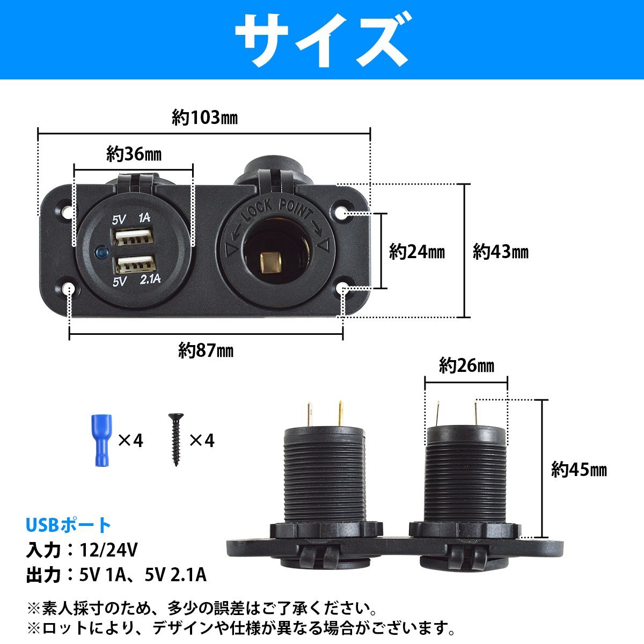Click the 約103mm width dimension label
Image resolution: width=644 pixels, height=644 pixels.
pos(204,118)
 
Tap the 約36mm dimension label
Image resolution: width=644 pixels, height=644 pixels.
pos(134,155)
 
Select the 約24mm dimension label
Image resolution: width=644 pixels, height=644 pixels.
pos(417,251)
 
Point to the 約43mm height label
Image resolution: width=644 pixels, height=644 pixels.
pos(500,251)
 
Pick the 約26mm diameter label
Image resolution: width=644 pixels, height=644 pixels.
pos(466,366)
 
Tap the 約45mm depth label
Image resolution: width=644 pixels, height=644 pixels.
pos(579,470)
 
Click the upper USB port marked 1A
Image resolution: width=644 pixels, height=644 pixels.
pos(133,237)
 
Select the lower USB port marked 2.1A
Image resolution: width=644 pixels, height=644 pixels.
pos(133,265)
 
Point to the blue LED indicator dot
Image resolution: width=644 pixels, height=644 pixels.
pos(100,251)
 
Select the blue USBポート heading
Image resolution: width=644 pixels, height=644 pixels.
pos(68,525)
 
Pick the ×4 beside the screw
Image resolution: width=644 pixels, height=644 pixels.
pos(202,441)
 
